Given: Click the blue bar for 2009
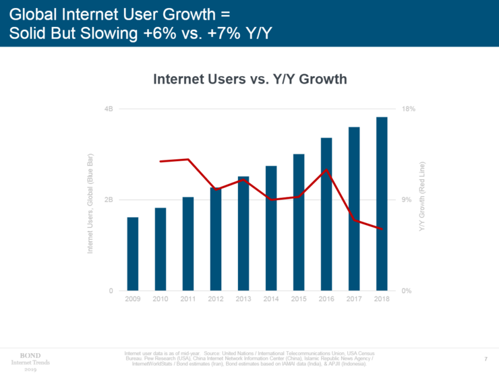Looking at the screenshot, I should pos(132,254).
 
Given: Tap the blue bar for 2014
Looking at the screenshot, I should pos(271,228).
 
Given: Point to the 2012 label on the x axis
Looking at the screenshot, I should pos(216,299).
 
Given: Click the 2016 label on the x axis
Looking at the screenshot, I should pos(326,299).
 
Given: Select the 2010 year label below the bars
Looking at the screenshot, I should pos(160,299).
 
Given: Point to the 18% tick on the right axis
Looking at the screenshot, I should pos(408,108).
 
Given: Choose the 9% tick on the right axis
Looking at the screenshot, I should pos(406,200).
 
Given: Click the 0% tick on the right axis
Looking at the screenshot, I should pos(406,291).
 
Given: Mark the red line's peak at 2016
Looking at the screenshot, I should pos(326,170).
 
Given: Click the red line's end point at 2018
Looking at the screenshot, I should pos(382,229).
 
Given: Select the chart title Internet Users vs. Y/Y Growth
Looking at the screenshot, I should pos(250,80).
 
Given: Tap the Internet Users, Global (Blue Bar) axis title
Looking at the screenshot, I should pos(90,203).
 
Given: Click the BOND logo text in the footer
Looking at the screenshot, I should pos(31,354).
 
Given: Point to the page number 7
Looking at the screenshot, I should pos(486,357).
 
